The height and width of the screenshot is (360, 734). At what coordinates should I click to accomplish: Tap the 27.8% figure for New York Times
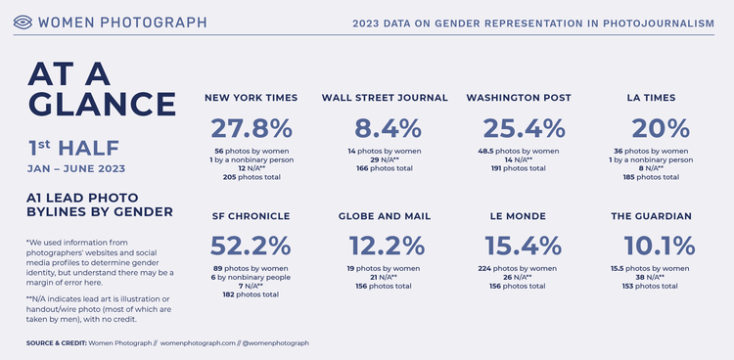coord(252,128)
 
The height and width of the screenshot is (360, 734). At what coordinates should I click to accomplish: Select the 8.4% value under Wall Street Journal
coord(385,128)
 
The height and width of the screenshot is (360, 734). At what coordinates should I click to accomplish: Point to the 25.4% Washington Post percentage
coord(525,128)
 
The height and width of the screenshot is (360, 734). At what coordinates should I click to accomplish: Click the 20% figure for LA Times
coord(658,128)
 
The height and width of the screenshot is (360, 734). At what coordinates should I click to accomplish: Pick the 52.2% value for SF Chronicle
coord(252,246)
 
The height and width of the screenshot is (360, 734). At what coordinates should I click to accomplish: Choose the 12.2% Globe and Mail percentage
coord(385,246)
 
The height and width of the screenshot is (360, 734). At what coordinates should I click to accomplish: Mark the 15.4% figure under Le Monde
coord(525,246)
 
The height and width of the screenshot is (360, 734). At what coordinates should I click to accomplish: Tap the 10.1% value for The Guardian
coord(658,246)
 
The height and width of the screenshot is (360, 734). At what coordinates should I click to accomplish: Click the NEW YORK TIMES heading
coord(252,98)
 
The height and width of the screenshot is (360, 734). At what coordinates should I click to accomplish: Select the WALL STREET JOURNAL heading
coord(385,98)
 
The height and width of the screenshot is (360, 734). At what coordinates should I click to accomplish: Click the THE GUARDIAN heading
coord(658,215)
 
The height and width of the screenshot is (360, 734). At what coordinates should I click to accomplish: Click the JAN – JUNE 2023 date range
coord(82,169)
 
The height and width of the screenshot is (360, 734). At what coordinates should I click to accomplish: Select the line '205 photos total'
coord(252,177)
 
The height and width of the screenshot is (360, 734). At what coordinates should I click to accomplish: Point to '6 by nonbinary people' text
coord(252,277)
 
